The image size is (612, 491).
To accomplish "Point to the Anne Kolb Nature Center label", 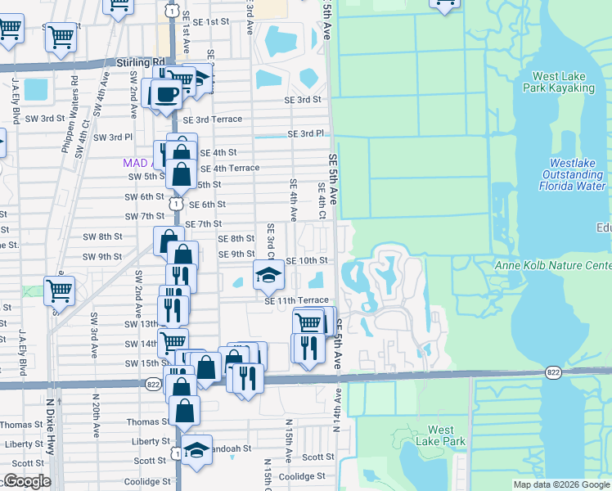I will tap(554, 266).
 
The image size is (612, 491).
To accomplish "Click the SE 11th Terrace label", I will tap(296, 301).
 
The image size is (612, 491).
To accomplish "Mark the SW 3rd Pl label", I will tap(112, 137).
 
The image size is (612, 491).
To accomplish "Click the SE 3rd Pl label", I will tap(305, 133).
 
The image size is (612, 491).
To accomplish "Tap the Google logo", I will tap(26, 481).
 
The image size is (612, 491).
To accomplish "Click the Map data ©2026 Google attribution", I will tap(561, 484).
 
